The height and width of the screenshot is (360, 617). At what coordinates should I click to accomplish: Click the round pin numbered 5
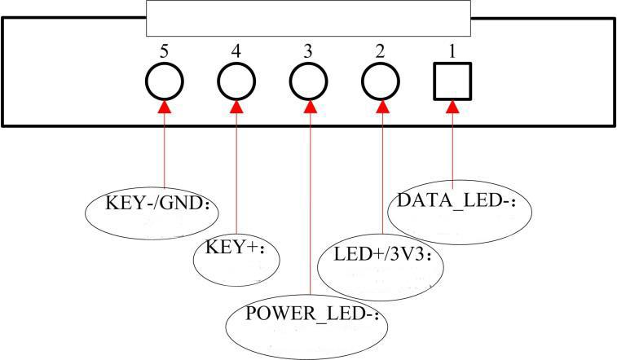[164, 81]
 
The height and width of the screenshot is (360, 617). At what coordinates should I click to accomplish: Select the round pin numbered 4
[236, 81]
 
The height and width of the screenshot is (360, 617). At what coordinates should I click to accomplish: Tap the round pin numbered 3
[309, 81]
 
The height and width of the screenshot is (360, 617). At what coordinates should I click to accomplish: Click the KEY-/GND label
[154, 204]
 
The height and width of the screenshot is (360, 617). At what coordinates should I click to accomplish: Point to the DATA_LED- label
[458, 200]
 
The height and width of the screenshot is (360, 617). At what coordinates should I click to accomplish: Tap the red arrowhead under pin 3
[309, 107]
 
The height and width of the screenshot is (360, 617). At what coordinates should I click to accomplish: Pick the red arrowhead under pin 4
[236, 107]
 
